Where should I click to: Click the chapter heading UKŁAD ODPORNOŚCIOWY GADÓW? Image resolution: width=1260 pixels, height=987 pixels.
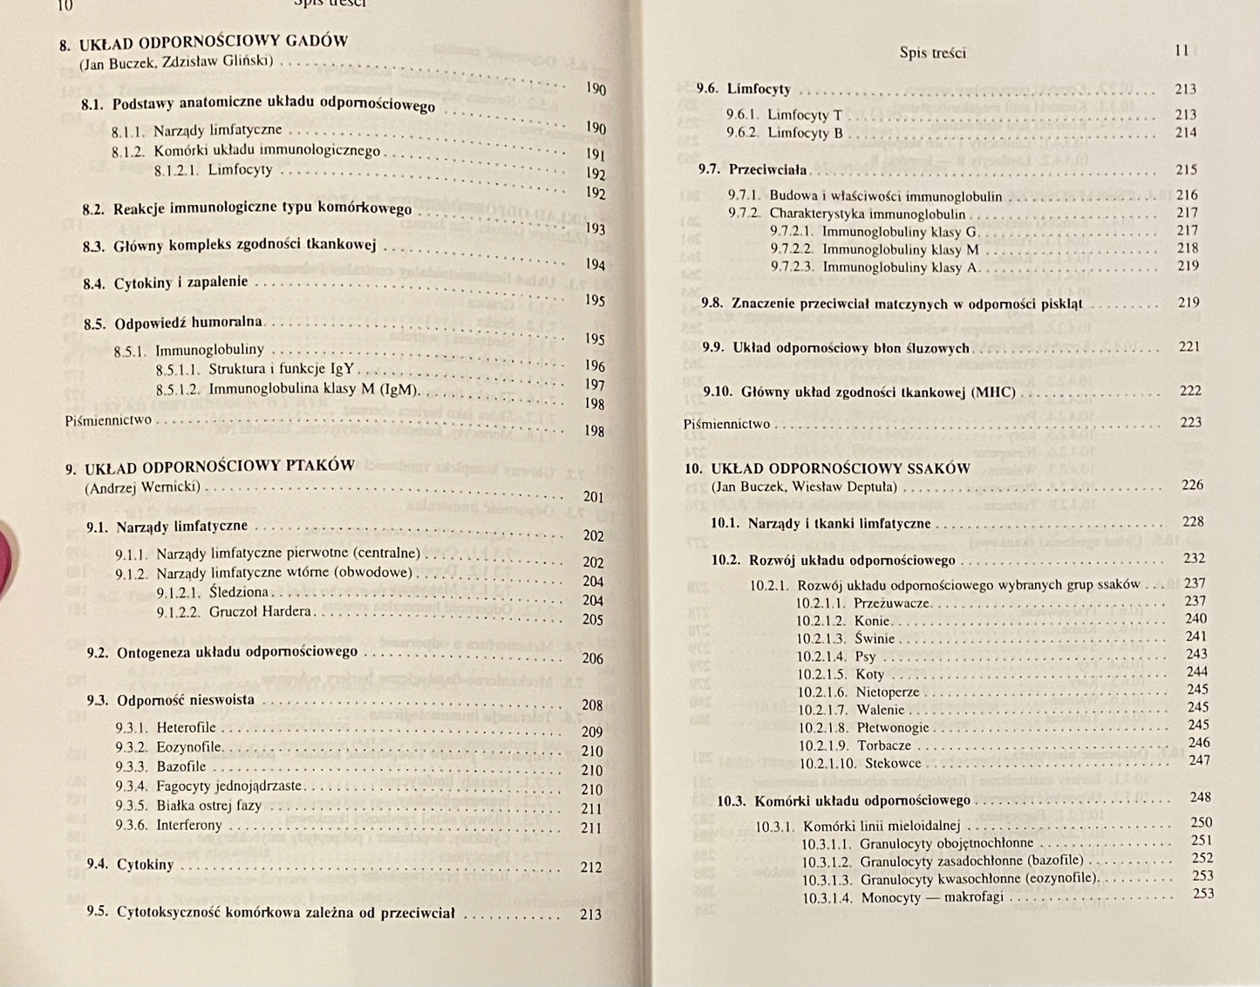[214, 42]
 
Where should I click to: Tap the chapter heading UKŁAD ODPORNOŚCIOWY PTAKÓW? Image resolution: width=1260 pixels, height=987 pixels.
[223, 466]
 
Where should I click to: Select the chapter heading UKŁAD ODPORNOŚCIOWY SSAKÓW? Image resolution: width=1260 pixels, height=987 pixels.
[840, 468]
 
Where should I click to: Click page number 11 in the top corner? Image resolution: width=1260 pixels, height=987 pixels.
[1182, 51]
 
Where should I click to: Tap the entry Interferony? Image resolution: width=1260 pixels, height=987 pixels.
[189, 825]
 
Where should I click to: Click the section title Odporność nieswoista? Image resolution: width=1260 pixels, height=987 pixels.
[185, 699]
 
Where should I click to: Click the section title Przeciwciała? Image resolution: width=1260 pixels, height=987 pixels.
[768, 169]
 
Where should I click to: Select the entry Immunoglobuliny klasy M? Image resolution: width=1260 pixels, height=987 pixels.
[901, 249]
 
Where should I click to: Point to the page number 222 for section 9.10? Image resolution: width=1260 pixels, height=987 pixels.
[1190, 391]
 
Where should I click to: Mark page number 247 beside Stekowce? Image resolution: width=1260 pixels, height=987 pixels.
[1199, 760]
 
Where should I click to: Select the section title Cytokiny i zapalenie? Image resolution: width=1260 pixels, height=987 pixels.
[180, 282]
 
